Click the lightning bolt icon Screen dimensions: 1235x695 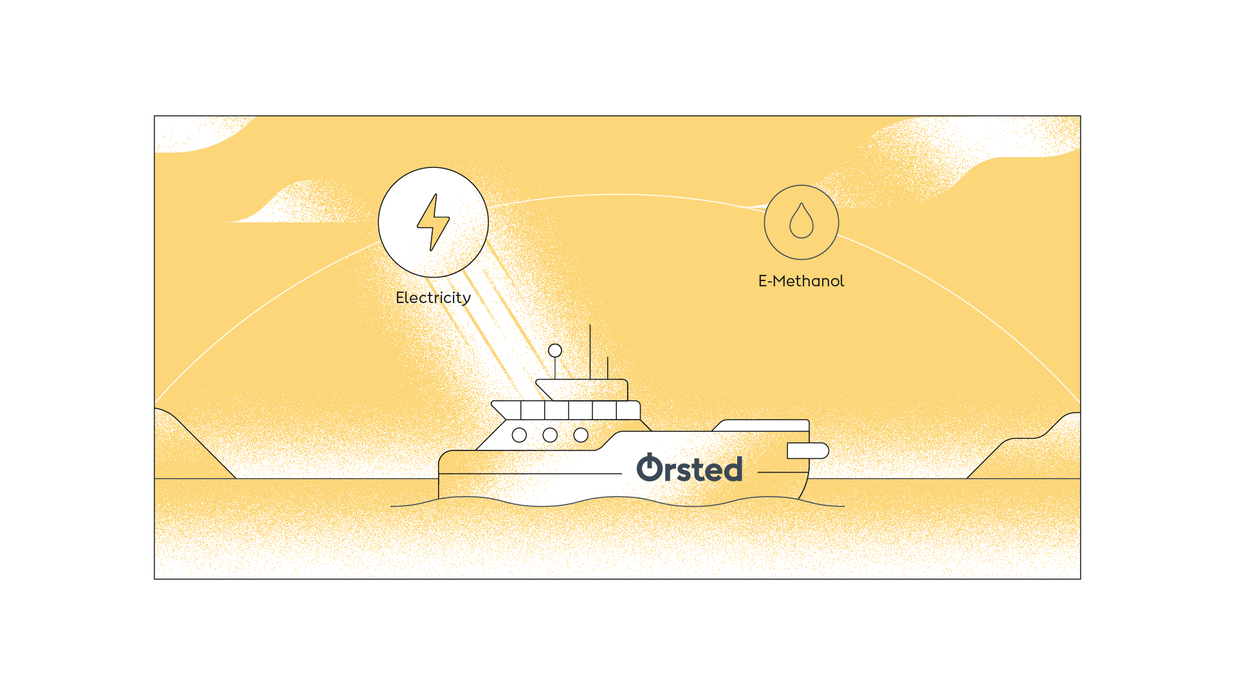[433, 222]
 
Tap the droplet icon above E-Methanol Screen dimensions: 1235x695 [801, 221]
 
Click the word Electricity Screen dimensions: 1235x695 [433, 298]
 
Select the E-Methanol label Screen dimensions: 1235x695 [801, 281]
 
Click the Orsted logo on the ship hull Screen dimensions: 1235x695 [690, 468]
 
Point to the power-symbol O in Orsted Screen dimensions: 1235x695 [649, 468]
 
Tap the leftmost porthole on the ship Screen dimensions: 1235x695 [519, 435]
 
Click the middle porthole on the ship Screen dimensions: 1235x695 [550, 435]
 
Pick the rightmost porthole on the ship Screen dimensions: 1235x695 [581, 435]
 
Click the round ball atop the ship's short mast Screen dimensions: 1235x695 [555, 351]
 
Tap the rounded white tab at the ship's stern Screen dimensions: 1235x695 [808, 450]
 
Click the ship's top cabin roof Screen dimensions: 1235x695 [582, 389]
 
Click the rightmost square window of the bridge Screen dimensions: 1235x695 [628, 410]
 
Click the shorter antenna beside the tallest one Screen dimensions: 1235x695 [607, 368]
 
